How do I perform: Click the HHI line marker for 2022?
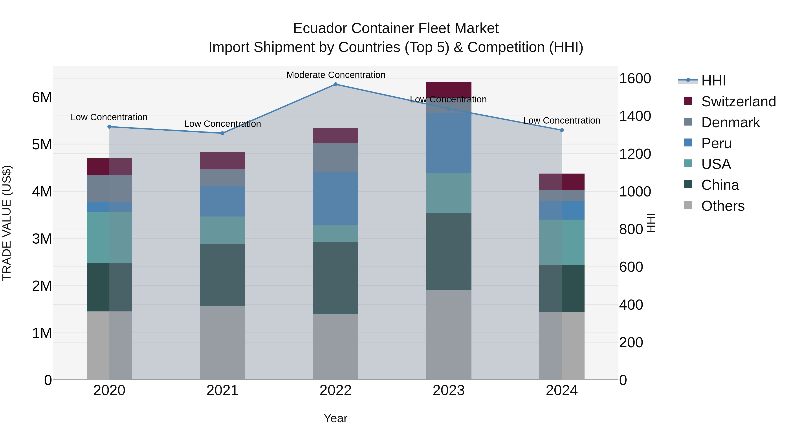(335, 84)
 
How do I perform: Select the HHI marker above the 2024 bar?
(562, 130)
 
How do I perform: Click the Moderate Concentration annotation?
(336, 75)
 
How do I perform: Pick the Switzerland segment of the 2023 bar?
(449, 89)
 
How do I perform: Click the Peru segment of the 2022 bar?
(335, 198)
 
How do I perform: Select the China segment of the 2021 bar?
(222, 275)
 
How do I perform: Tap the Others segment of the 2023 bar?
(449, 335)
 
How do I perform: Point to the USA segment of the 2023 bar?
(449, 193)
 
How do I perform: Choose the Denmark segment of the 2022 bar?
(335, 157)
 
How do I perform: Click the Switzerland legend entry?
(738, 102)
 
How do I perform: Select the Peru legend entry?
(716, 143)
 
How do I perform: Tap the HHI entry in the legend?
(713, 81)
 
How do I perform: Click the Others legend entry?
(722, 206)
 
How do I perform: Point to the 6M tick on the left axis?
(42, 98)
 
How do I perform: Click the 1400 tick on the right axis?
(634, 116)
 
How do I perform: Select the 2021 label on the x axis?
(222, 390)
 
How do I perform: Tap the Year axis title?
(335, 418)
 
